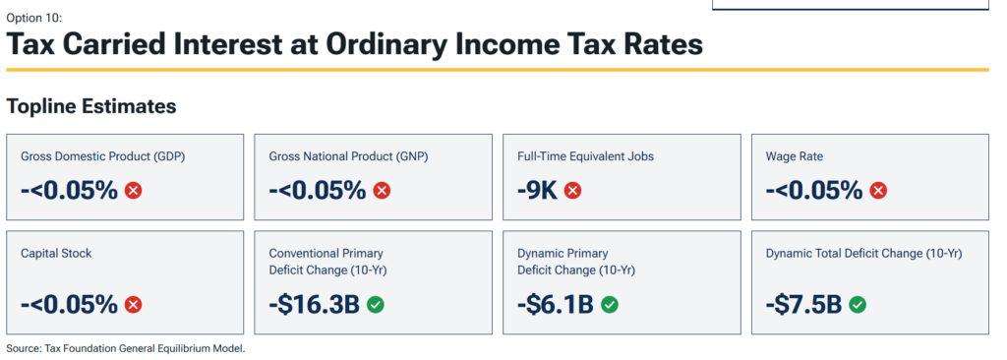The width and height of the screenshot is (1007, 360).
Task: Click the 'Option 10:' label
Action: coord(34,18)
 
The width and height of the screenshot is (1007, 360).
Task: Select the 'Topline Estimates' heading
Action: coord(91,106)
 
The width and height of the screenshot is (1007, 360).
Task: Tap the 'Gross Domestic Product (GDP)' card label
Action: coord(102,156)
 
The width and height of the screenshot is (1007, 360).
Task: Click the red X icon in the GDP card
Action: coord(134,190)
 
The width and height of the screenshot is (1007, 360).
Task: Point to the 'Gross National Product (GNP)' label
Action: coord(349,156)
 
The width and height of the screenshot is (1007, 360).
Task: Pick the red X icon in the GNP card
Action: coord(383,190)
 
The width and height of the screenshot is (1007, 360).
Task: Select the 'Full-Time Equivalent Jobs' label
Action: coord(586,156)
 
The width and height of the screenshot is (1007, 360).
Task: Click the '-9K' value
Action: coord(538,190)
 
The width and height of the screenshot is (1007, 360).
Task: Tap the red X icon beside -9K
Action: coord(573,190)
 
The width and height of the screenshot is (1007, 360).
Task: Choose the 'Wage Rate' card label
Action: coord(795,156)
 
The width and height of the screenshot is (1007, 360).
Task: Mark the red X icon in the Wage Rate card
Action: coord(878,190)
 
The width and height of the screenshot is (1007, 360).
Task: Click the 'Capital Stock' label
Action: coord(56,254)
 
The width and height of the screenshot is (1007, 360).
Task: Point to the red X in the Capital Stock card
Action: coord(134,305)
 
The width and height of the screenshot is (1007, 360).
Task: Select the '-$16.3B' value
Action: coord(314,305)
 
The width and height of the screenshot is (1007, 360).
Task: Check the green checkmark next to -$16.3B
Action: coord(376,305)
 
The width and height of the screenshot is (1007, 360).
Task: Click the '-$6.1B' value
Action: coord(556,305)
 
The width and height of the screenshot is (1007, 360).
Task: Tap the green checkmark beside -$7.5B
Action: coord(858,305)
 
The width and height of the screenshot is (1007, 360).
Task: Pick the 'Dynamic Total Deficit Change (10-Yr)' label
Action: coord(863,254)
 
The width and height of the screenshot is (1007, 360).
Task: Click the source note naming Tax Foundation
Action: coord(126,348)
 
